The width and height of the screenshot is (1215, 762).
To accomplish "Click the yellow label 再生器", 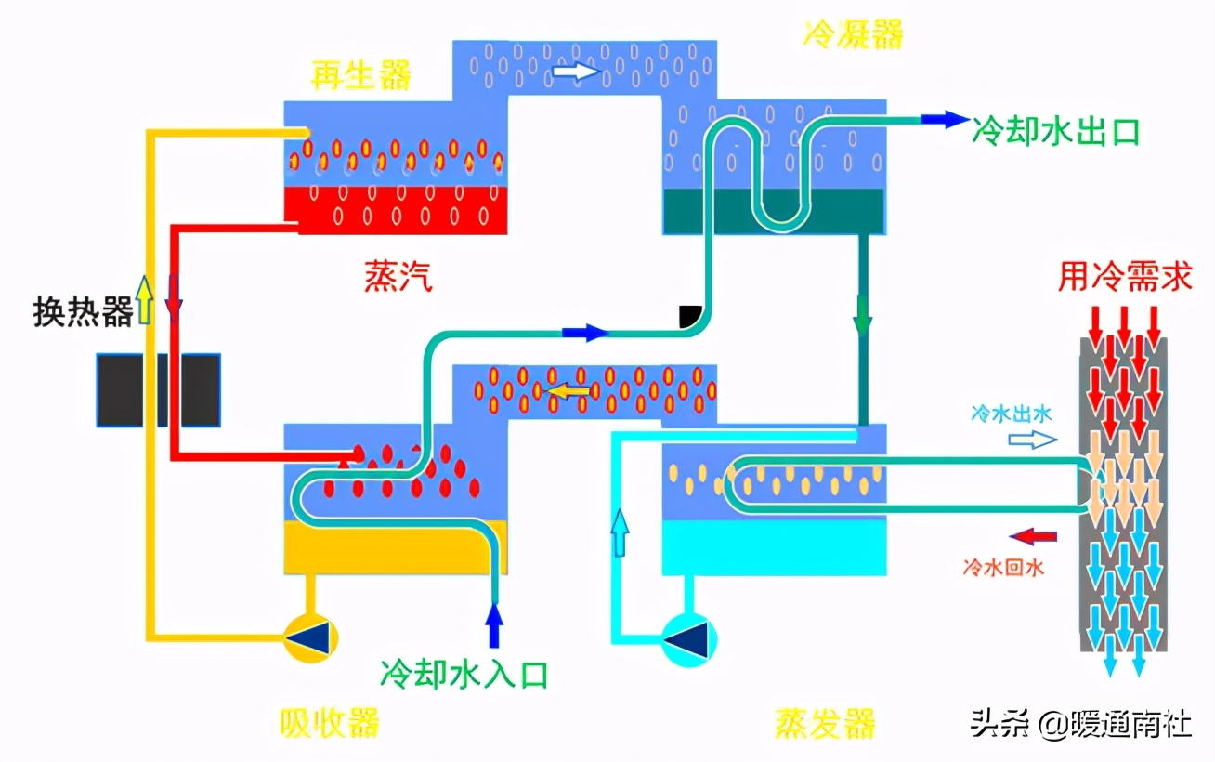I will [360, 75].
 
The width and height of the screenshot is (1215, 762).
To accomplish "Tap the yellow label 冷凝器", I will [853, 33].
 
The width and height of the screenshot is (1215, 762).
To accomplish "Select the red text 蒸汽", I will [398, 276].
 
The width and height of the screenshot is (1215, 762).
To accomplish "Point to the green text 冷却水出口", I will [1055, 131].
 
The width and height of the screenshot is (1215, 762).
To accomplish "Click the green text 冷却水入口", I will [464, 673].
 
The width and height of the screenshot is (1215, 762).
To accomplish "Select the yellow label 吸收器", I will [329, 722].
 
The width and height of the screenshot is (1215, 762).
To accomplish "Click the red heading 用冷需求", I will [1124, 276].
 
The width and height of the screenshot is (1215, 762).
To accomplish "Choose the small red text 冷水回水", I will [1004, 566].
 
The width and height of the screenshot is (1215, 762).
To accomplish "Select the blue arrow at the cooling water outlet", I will [944, 119].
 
